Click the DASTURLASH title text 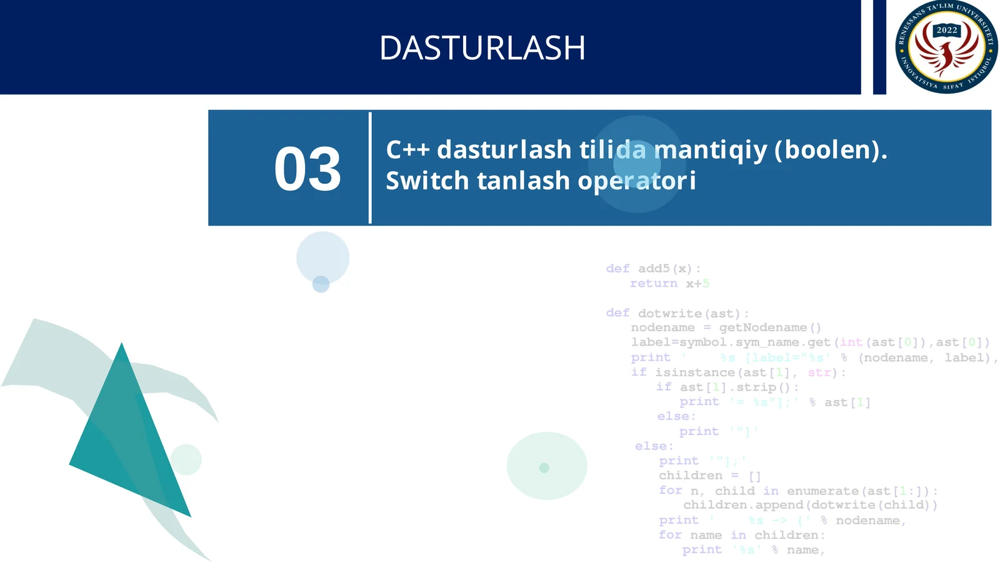coord(482,48)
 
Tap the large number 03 coord(307,169)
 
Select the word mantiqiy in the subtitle coord(710,150)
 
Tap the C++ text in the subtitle coord(407,150)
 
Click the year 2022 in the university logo coord(946,30)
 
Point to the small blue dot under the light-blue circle coord(321,284)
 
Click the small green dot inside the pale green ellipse coord(544,468)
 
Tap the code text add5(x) coord(665,269)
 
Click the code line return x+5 coord(669,284)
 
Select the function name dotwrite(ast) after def coord(689,313)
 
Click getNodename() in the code coord(769,328)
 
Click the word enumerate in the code coord(822,491)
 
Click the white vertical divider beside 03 coord(370,168)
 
